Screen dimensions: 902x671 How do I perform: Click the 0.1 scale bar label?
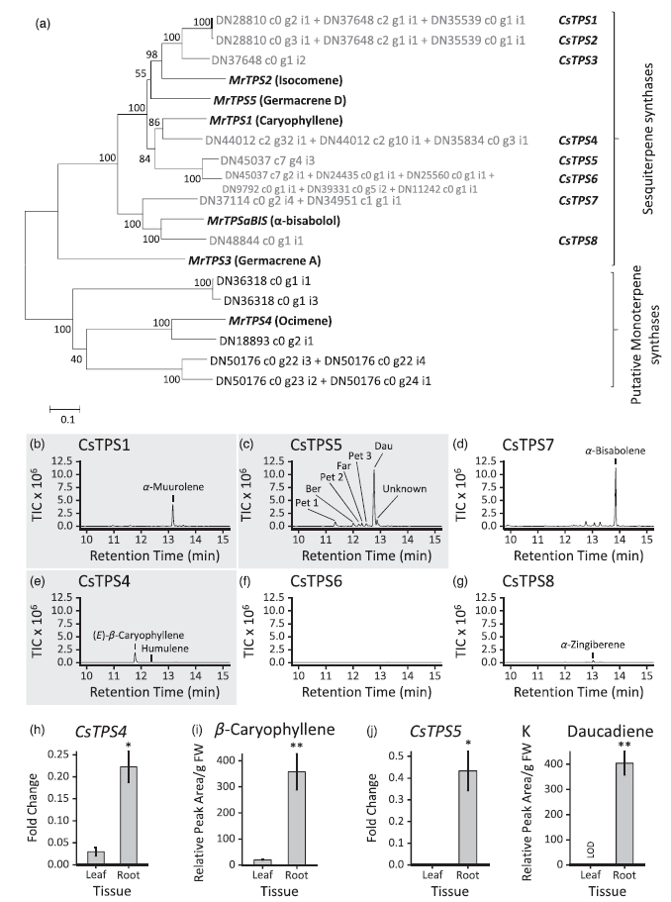point(64,419)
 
